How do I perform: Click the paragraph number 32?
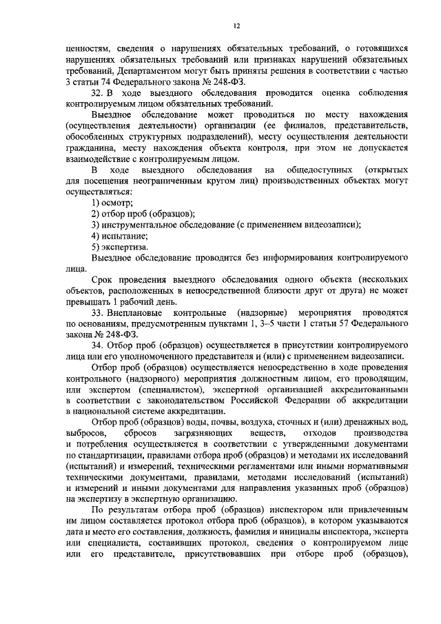click(97, 92)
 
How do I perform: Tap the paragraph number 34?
click(97, 345)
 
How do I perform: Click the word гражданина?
click(90, 147)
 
